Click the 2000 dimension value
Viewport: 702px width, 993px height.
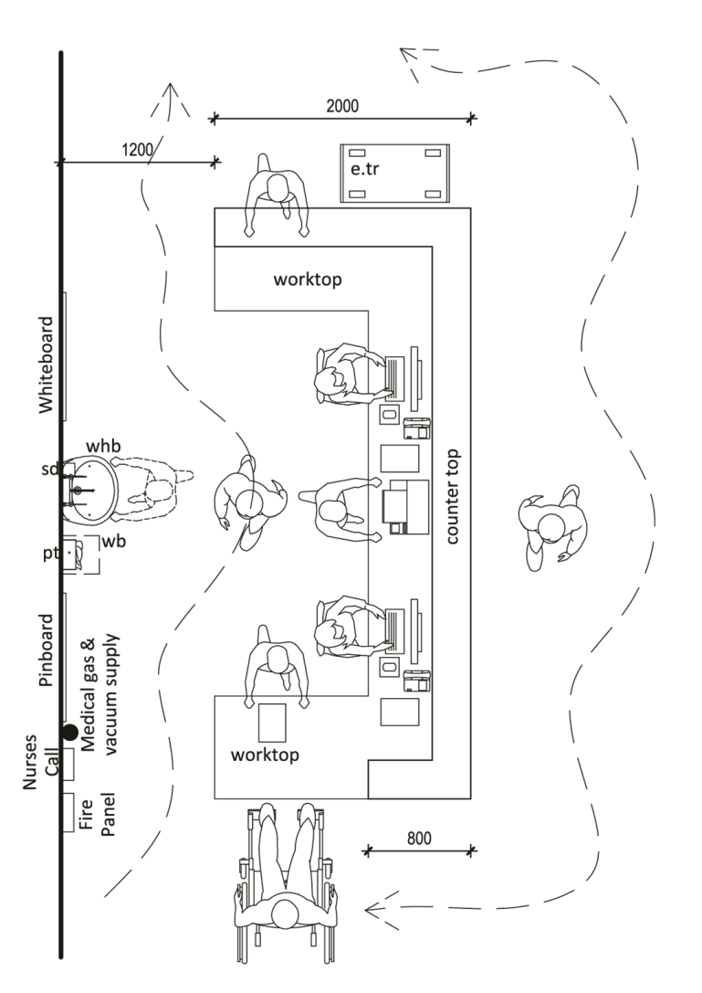[342, 107]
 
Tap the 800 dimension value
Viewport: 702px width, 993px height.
[419, 838]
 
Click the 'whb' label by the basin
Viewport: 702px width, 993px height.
[103, 446]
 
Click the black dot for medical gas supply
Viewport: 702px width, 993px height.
[70, 731]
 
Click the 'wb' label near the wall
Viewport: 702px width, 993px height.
[113, 543]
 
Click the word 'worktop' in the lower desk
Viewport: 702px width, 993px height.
[264, 755]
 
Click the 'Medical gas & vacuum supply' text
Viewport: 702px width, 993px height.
[100, 695]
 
